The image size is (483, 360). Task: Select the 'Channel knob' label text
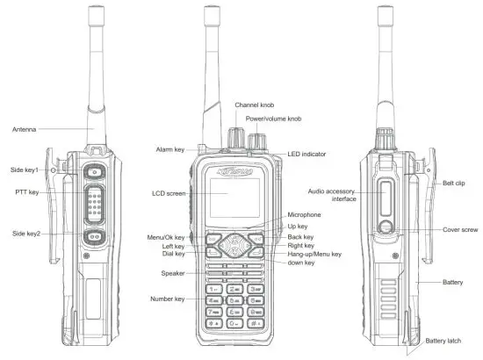254,105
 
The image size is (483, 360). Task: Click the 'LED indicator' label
306,155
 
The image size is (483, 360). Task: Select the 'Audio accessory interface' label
332,196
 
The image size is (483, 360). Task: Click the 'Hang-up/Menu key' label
314,254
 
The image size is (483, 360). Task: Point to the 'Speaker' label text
172,273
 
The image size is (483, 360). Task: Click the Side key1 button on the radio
91,171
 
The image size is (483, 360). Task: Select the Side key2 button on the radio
92,237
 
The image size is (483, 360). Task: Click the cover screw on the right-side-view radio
387,230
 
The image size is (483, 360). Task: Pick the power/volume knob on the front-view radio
258,141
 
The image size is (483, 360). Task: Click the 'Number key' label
167,299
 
